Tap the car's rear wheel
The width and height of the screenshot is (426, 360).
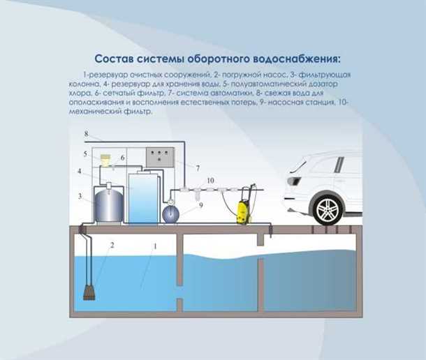(x=327, y=209)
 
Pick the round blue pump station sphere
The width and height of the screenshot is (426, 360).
(x=170, y=212)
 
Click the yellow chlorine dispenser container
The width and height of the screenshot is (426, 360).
(x=107, y=160)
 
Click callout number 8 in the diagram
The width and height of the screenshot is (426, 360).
(x=87, y=133)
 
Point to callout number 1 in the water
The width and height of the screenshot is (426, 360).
(x=155, y=246)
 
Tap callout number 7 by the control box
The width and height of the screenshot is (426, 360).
(x=198, y=168)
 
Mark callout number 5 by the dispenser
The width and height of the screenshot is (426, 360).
(x=85, y=153)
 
